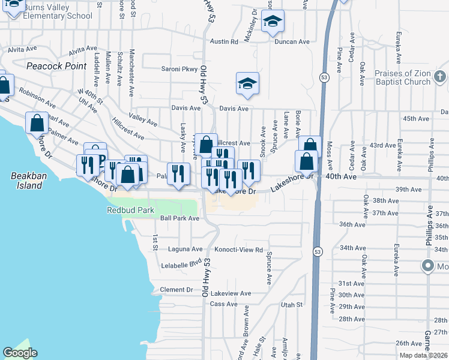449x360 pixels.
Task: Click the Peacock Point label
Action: (x=56, y=66)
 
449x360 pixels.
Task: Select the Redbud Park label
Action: (x=130, y=211)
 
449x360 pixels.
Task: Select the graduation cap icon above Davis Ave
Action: (x=247, y=84)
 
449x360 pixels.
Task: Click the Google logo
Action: (x=20, y=353)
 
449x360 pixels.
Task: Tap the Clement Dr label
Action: (x=176, y=290)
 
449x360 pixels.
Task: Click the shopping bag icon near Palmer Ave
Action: (x=37, y=122)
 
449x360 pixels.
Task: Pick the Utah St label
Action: (x=291, y=305)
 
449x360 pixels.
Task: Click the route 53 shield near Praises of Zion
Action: (x=324, y=78)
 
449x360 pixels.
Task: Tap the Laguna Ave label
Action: (x=188, y=249)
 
